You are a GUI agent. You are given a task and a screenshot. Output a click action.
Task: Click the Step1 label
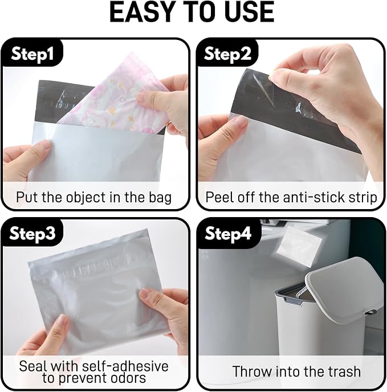[32, 54]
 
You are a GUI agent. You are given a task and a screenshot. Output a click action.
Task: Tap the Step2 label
[227, 54]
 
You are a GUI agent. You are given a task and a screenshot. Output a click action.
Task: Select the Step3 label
[32, 233]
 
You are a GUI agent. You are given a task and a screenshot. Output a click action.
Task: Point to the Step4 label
[228, 233]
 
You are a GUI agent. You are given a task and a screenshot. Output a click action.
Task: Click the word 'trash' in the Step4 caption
[344, 371]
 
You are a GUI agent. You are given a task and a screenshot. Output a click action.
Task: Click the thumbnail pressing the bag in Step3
[144, 292]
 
